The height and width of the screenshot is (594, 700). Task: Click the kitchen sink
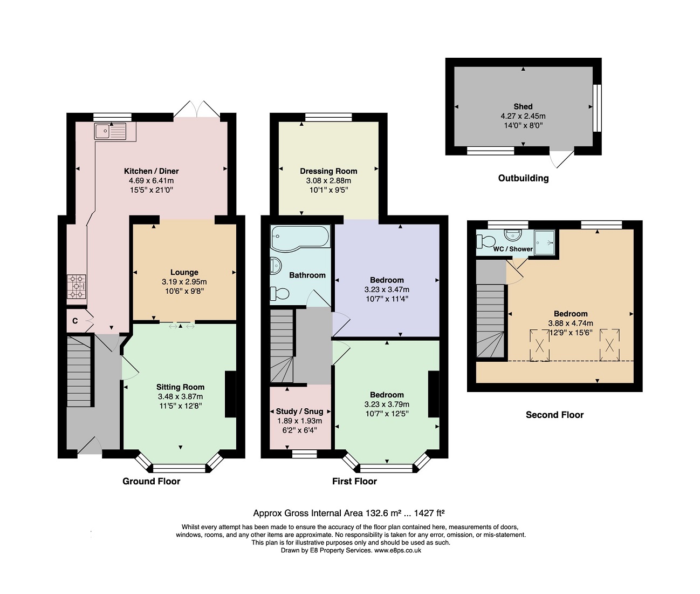pos(111,131)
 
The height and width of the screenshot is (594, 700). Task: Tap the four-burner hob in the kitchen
pos(76,287)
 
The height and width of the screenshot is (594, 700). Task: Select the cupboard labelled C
pos(75,321)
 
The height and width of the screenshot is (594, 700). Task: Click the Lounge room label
pos(184,272)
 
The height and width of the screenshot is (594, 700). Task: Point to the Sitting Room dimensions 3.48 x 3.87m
pos(180,396)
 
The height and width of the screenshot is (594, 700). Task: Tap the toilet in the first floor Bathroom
pos(279,293)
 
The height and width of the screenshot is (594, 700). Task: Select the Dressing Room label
pos(328,171)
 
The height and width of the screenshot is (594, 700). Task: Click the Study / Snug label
pos(300,411)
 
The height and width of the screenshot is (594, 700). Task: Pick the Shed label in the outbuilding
pos(523,106)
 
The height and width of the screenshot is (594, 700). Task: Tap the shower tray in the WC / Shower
pos(544,242)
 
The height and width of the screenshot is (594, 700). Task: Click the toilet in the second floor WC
pos(486,241)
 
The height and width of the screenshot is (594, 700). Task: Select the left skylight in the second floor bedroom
pos(539,345)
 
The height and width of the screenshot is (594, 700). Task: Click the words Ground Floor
pos(152,481)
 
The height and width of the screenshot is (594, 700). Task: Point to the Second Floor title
pos(555,415)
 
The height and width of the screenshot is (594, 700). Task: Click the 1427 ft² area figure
pos(429,513)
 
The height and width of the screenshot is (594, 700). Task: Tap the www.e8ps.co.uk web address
pos(397,550)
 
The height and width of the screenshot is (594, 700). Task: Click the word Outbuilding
pos(523,178)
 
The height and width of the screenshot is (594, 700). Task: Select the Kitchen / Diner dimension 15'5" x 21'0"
pos(152,190)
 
